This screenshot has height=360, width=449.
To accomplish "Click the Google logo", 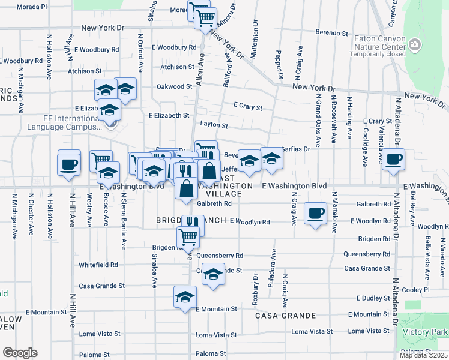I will [20, 353].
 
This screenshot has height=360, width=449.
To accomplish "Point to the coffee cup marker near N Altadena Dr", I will [393, 160].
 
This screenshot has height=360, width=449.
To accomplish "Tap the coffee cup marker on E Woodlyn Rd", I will [316, 214].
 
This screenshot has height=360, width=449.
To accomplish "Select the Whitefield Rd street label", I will [98, 264].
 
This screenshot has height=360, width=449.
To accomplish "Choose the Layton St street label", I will [214, 126].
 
